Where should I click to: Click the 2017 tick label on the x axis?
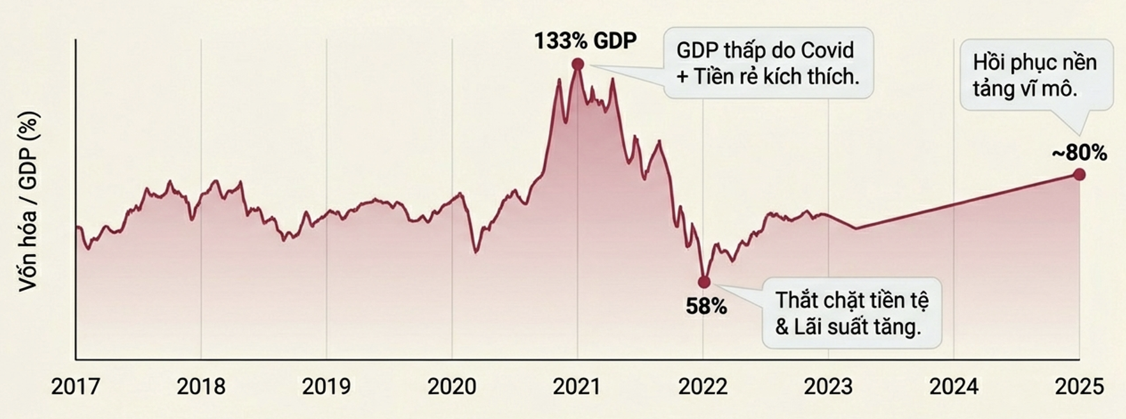coord(75,387)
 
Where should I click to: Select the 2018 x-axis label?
coord(201,387)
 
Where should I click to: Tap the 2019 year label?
coord(326,387)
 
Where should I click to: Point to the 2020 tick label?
coord(452,387)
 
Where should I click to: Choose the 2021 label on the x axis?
coord(577,387)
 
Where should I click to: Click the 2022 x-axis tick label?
coord(703,387)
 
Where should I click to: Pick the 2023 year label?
coord(828,387)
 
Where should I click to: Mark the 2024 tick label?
coord(954,387)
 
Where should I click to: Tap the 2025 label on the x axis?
coord(1079,387)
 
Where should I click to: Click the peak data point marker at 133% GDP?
coord(578,64)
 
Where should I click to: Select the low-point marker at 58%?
coord(704,282)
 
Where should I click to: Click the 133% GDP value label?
coord(585,41)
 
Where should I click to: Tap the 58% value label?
coord(706,307)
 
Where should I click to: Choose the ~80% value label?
coord(1079,153)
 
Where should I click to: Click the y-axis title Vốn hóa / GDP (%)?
coord(29,202)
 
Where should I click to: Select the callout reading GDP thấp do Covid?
coord(768,63)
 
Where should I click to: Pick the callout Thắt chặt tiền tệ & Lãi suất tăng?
coord(852,313)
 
